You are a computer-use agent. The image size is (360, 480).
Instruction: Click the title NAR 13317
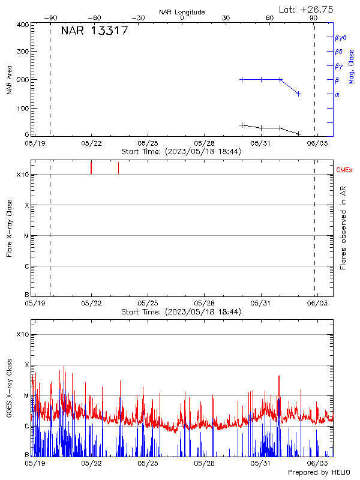click(x=94, y=31)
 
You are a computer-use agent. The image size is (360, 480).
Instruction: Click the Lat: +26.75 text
click(x=307, y=9)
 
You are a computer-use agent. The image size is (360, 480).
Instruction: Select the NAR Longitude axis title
click(x=182, y=12)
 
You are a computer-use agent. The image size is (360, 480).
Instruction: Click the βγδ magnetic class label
click(x=340, y=37)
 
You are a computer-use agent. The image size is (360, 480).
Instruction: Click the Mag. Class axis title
click(x=351, y=67)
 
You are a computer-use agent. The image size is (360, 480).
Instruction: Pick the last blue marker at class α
click(x=298, y=94)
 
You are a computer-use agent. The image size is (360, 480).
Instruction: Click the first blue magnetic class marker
click(x=242, y=79)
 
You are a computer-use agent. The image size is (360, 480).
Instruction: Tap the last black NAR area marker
click(x=298, y=133)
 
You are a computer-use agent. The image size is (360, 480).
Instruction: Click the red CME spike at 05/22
click(x=91, y=167)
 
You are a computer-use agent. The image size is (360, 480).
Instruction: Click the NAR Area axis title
click(x=9, y=79)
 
